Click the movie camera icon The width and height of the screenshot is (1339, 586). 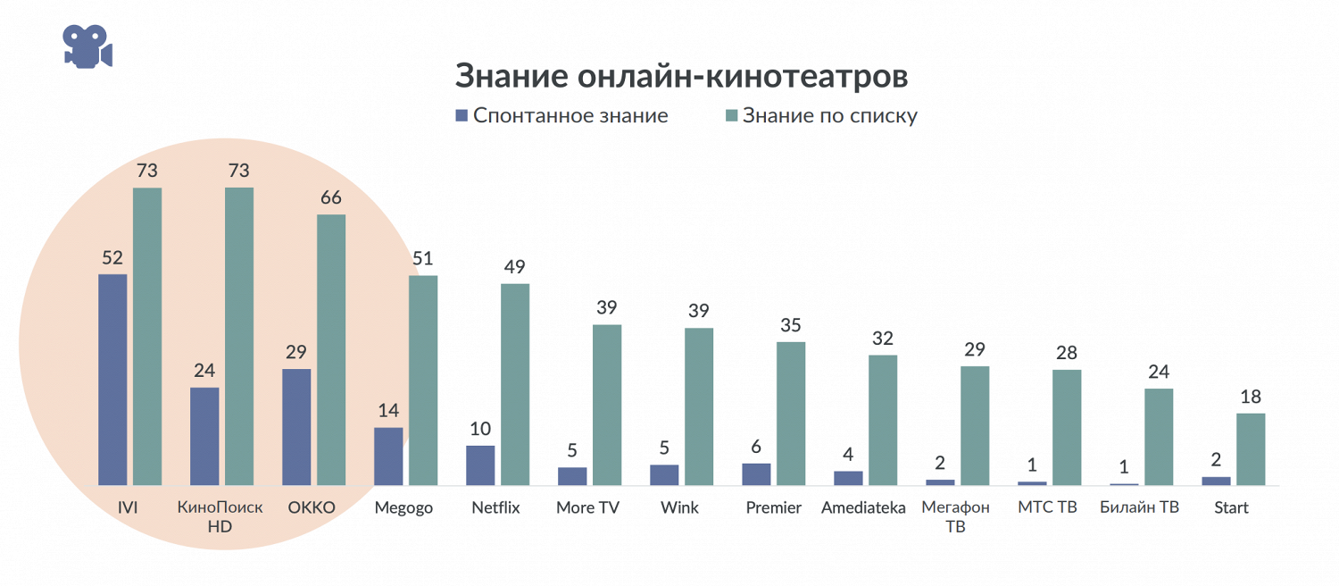(x=87, y=45)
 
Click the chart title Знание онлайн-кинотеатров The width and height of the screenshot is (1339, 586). (x=681, y=77)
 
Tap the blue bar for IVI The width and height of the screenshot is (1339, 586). (x=112, y=380)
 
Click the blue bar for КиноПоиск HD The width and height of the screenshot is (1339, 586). (x=204, y=436)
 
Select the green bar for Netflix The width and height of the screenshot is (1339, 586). (x=515, y=384)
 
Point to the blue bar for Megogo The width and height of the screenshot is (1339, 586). (x=388, y=456)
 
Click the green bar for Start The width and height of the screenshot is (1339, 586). (x=1251, y=449)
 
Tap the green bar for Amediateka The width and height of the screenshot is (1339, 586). (x=883, y=420)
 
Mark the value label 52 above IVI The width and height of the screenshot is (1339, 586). (x=112, y=258)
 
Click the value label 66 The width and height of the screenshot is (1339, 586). (x=330, y=197)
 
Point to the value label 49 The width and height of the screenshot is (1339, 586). (x=515, y=267)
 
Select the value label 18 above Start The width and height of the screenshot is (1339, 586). (x=1251, y=397)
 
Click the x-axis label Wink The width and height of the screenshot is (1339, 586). (x=679, y=507)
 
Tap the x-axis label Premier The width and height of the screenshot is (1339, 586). (x=773, y=507)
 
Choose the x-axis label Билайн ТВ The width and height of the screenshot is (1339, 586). (x=1139, y=507)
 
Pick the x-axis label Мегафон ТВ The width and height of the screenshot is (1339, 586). (x=955, y=516)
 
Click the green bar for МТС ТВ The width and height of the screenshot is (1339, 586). (x=1067, y=427)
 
